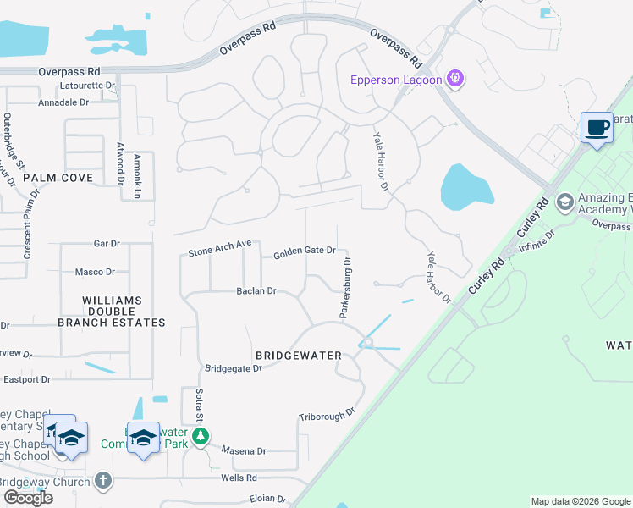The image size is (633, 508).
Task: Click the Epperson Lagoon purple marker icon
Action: click(455, 80)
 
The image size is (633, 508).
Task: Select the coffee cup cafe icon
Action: click(597, 128)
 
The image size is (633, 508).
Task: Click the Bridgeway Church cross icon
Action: click(103, 481)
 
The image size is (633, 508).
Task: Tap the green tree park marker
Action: click(201, 437)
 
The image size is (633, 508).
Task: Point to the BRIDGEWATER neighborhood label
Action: click(299, 356)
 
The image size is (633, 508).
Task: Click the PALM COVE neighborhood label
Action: click(58, 178)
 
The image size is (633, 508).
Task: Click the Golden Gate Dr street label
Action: click(305, 251)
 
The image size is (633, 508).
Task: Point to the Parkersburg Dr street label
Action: click(347, 290)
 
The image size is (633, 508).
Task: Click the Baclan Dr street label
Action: click(256, 291)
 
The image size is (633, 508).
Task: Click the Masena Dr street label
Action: click(244, 451)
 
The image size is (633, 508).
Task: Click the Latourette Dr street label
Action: click(87, 86)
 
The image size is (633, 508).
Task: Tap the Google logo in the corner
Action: click(28, 498)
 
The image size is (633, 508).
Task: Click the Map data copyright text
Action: click(580, 501)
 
